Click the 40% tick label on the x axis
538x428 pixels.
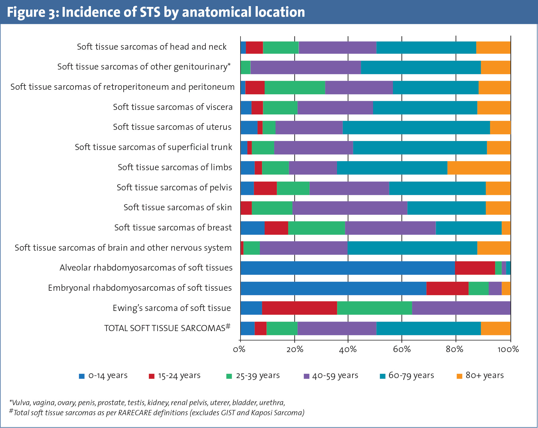click(348, 349)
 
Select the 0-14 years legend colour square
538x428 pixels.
click(82, 376)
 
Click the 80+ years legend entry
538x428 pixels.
click(480, 376)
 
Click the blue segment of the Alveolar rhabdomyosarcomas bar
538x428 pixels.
click(347, 268)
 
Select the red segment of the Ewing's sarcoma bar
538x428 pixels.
click(299, 308)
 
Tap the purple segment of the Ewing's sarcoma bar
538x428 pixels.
click(461, 308)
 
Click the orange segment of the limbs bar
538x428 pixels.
click(479, 168)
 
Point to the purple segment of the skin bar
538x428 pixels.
click(350, 208)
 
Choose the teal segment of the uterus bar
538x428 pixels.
click(416, 127)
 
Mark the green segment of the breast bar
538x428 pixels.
click(316, 228)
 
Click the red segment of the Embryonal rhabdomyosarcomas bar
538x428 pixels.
click(447, 288)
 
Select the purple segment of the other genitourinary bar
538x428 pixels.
click(305, 67)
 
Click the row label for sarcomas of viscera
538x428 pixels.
click(173, 107)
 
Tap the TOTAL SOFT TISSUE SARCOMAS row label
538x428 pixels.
click(167, 328)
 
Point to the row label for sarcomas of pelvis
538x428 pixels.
click(174, 187)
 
